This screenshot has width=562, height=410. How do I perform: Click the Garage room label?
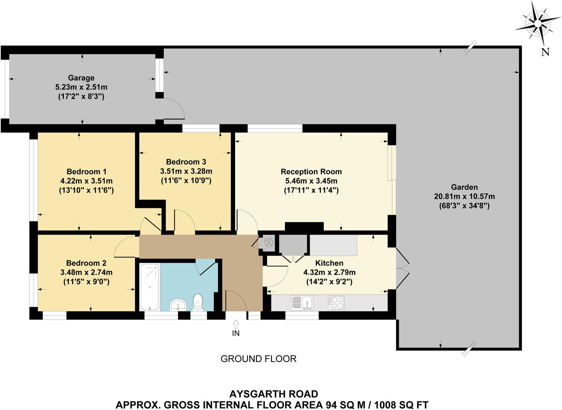click(x=81, y=78)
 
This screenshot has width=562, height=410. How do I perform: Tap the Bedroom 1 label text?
click(x=86, y=172)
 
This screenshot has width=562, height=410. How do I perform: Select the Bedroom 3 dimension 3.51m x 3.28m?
click(x=186, y=171)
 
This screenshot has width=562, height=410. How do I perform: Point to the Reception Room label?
click(x=311, y=172)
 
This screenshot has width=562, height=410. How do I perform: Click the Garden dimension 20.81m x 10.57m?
click(x=464, y=197)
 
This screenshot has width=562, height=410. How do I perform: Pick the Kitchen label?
click(x=329, y=263)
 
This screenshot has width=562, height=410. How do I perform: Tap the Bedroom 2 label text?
click(x=86, y=263)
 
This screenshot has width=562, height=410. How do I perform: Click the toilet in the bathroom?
click(x=198, y=302)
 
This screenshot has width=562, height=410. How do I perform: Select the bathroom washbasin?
click(x=178, y=305)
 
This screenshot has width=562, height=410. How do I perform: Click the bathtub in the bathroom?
click(x=150, y=287)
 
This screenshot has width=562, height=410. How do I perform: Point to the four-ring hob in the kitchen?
click(x=336, y=303)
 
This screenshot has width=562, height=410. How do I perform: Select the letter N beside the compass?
click(x=545, y=52)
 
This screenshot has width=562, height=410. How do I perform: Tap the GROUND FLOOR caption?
click(x=258, y=359)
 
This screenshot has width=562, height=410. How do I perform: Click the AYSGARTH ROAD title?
click(x=273, y=394)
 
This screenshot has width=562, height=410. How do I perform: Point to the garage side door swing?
click(x=174, y=108)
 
